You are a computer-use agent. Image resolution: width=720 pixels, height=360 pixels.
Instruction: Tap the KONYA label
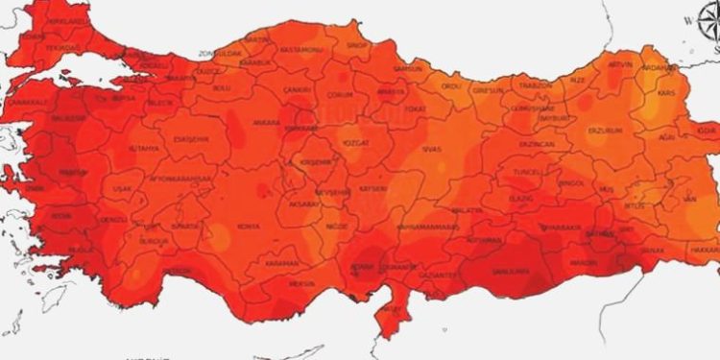click(x=249, y=227)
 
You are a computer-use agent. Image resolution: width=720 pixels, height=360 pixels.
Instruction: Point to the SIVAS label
click(x=432, y=151)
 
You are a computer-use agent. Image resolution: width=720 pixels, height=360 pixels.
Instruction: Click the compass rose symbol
click(x=707, y=21)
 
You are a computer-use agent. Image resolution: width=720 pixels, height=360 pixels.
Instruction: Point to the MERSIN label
click(x=301, y=284)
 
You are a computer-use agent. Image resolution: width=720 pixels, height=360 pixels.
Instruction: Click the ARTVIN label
click(x=622, y=63)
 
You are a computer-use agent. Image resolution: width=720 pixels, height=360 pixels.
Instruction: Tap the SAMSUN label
click(x=408, y=69)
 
